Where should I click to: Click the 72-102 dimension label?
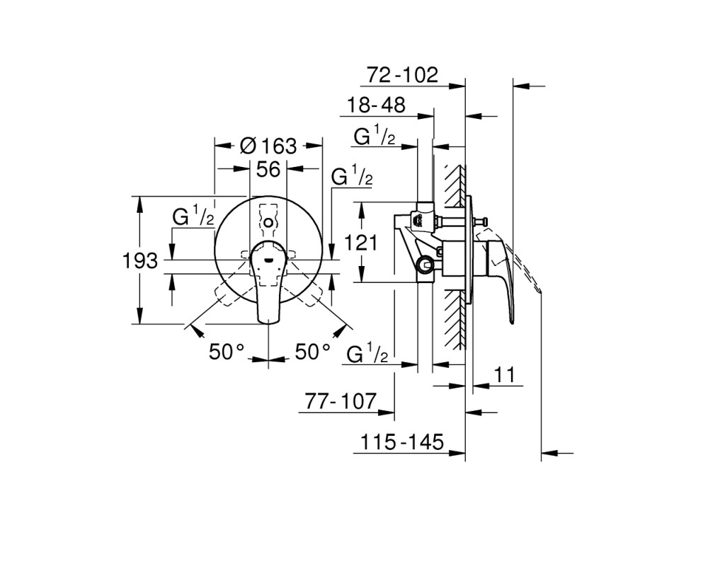402,74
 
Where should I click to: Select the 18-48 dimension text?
376,105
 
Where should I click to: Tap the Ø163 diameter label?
268,146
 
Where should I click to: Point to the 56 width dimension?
268,169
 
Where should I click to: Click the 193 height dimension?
140,261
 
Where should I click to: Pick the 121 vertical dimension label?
361,243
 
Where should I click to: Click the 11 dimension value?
504,375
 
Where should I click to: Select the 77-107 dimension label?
341,401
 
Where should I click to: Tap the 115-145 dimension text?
402,442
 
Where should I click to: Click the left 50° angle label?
227,351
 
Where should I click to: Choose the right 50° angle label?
312,351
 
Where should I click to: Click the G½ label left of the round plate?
193,216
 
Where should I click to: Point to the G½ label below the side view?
367,354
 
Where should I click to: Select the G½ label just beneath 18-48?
375,135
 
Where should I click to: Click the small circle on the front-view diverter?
268,223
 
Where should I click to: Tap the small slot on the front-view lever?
268,260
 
